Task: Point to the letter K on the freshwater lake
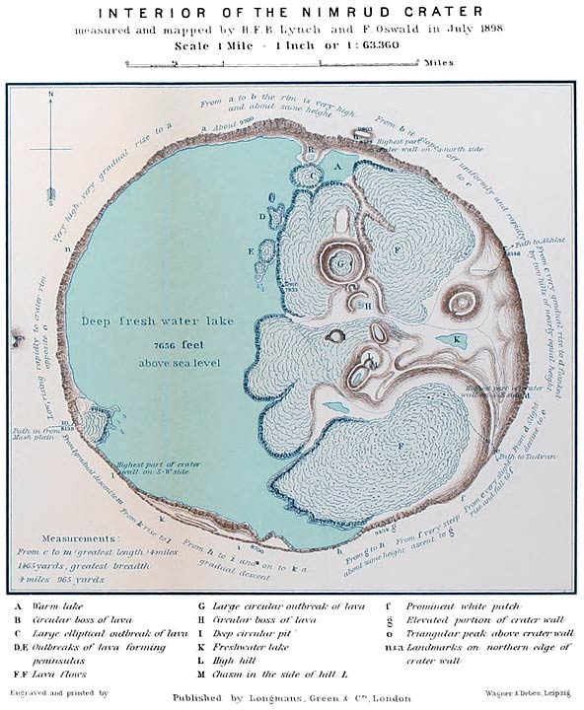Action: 457,339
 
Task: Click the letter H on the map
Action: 367,306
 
